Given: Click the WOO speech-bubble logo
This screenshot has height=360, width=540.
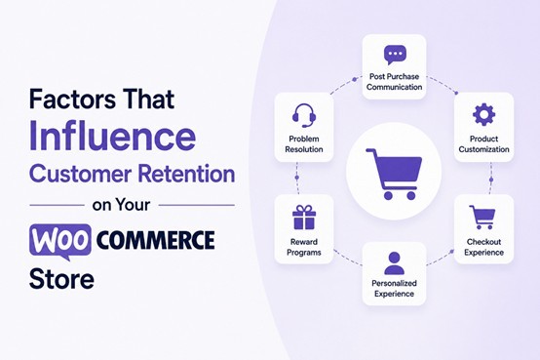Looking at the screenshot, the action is click(60, 241).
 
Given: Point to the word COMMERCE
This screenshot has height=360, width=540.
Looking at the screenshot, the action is click(155, 240).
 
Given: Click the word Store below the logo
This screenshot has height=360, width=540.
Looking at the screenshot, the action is click(61, 279).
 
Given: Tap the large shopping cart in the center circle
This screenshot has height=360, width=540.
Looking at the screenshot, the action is click(394, 174).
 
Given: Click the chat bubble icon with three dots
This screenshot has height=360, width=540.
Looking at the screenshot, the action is click(395, 55).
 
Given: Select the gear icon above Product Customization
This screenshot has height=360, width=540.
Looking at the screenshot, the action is click(483, 114).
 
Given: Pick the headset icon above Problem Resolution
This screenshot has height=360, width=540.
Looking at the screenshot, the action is click(304, 115).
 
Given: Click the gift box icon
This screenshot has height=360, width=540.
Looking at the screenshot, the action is click(304, 218).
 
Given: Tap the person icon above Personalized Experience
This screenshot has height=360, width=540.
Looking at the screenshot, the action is click(395, 262).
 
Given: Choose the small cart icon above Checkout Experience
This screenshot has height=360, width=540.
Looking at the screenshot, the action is click(482, 218).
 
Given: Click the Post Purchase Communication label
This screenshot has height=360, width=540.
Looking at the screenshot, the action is click(395, 82).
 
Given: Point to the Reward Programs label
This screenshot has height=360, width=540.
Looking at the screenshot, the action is click(304, 247).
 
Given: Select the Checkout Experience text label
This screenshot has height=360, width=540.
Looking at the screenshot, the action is click(483, 247).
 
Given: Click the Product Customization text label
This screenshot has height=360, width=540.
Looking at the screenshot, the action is click(483, 144).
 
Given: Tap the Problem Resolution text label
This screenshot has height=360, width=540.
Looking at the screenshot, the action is click(304, 144).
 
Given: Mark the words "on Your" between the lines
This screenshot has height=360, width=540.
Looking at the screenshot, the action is click(121, 205).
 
